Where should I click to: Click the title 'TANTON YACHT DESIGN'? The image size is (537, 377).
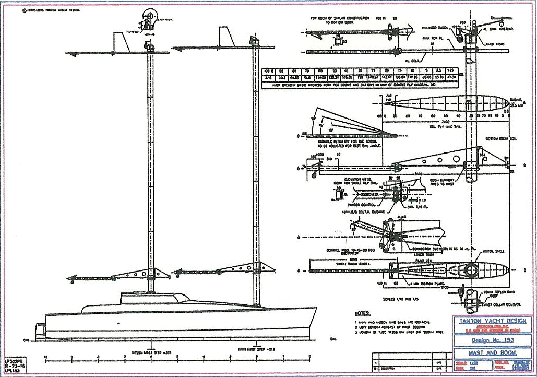tap(487, 321)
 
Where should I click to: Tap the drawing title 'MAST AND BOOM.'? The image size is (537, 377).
tap(487, 354)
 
